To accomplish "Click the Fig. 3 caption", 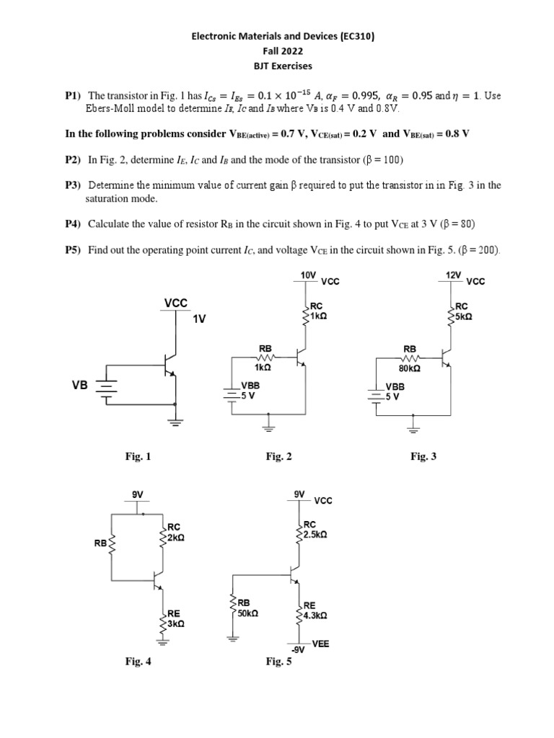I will [x=423, y=456].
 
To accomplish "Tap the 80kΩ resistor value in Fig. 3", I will [x=409, y=368].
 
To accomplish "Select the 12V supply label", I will [x=453, y=275].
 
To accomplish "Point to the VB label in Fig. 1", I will [x=79, y=386].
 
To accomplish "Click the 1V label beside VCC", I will [x=199, y=318].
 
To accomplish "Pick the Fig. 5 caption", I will [x=278, y=661].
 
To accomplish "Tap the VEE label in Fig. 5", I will [x=321, y=643].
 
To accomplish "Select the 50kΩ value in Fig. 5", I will [x=247, y=614].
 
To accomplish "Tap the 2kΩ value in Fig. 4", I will [x=176, y=538].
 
